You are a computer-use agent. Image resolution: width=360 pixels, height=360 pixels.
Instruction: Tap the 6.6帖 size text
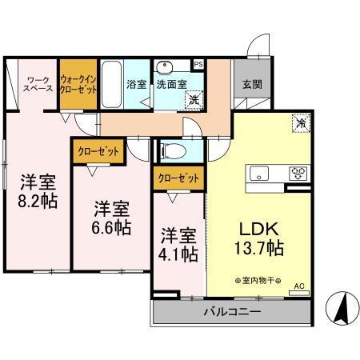(110, 227)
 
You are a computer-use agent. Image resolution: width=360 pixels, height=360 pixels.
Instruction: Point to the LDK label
(257, 228)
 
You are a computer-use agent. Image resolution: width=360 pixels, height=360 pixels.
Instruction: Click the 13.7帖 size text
(258, 250)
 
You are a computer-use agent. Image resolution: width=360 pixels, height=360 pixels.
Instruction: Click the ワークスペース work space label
(39, 84)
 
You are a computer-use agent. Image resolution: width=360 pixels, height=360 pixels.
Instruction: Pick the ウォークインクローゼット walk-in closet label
(79, 84)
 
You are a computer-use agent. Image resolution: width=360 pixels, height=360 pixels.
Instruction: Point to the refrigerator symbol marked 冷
(301, 124)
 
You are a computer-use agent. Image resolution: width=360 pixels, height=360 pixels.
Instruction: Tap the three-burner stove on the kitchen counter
(298, 172)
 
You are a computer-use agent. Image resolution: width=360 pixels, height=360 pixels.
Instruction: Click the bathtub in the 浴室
(111, 82)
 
